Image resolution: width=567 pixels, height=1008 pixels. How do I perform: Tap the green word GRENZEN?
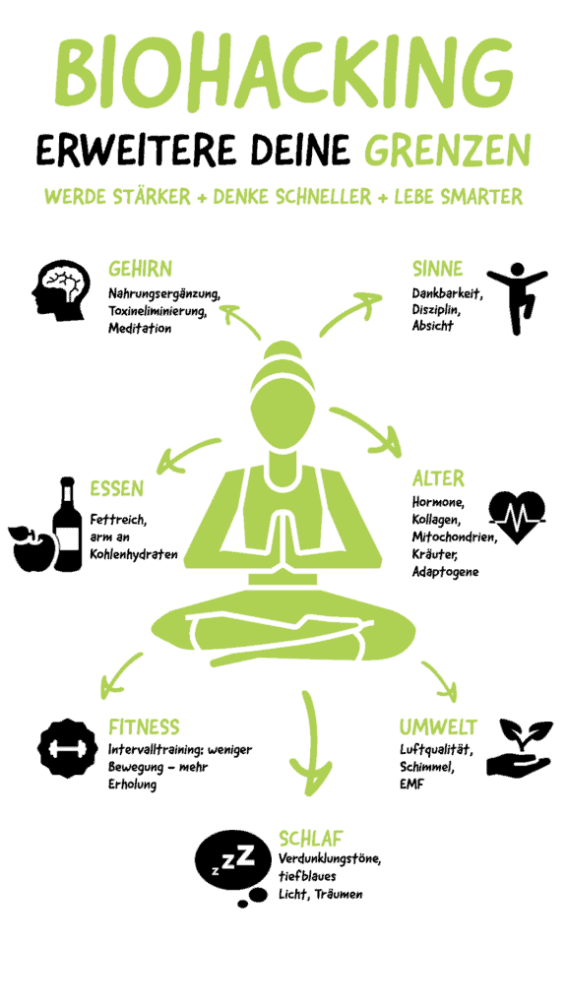pyautogui.click(x=448, y=151)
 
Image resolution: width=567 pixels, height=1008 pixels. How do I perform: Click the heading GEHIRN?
pyautogui.click(x=140, y=268)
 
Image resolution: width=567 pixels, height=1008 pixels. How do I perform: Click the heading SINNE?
pyautogui.click(x=437, y=268)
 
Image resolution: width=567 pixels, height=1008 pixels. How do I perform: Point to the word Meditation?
pyautogui.click(x=140, y=329)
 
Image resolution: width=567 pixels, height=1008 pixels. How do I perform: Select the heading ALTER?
pyautogui.click(x=438, y=479)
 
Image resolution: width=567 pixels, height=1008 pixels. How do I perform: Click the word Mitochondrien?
pyautogui.click(x=455, y=536)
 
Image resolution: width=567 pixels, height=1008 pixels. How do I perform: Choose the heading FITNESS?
pyautogui.click(x=144, y=727)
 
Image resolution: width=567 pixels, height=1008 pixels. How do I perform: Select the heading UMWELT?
pyautogui.click(x=438, y=727)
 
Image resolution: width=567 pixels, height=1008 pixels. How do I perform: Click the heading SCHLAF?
pyautogui.click(x=310, y=839)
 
